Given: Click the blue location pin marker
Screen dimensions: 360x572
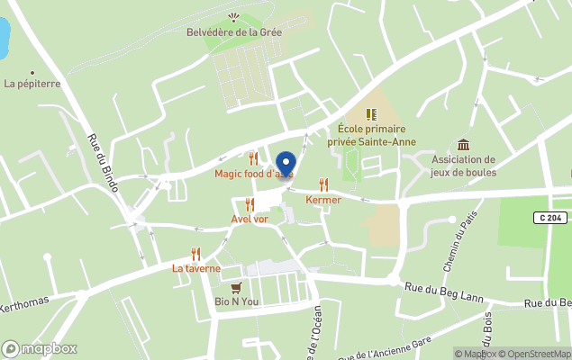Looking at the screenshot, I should point(285,165).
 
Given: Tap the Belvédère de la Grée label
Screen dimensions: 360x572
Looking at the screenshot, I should point(233,32).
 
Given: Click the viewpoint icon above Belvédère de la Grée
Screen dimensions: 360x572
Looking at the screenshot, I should point(234,17).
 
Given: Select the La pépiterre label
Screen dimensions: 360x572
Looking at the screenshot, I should point(32,84).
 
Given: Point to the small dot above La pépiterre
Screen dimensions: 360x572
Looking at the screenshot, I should point(32,72).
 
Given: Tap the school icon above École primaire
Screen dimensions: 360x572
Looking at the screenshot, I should point(370,114).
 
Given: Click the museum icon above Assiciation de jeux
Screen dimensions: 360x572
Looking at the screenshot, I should point(463,145).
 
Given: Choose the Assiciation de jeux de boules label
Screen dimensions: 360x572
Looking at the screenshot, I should point(463,166).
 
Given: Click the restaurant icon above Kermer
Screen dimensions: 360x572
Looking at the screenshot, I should point(323,184).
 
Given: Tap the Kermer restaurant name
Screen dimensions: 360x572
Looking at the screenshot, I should point(323,200).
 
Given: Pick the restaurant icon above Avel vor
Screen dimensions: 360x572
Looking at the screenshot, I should point(250,204).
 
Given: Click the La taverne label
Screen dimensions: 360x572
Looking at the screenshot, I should point(196,268).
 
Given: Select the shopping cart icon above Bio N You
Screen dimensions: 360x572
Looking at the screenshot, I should point(236,287).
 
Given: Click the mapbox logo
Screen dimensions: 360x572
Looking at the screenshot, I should point(40,348).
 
